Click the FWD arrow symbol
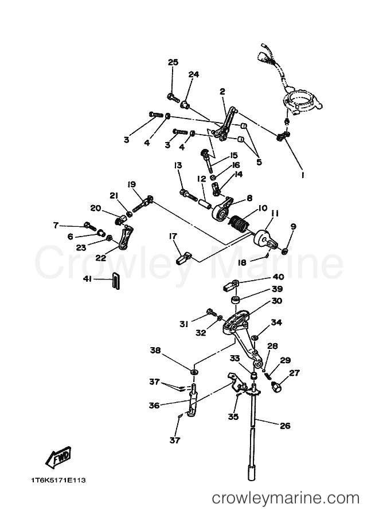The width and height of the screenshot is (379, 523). pyautogui.click(x=58, y=456)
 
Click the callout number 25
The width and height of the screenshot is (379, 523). pyautogui.click(x=173, y=62)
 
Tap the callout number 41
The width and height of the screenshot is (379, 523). pyautogui.click(x=87, y=278)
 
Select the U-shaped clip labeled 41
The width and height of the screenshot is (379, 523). pyautogui.click(x=115, y=281)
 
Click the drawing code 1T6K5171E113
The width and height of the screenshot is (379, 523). pyautogui.click(x=58, y=481)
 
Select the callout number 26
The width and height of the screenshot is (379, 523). pyautogui.click(x=285, y=426)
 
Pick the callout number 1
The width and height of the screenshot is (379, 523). pyautogui.click(x=303, y=175)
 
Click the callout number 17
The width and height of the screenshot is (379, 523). pyautogui.click(x=173, y=236)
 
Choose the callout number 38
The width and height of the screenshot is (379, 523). pyautogui.click(x=155, y=350)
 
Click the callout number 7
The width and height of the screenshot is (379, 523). pyautogui.click(x=56, y=226)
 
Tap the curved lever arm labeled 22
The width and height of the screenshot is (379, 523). pyautogui.click(x=125, y=238)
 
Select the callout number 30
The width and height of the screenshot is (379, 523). pyautogui.click(x=276, y=301)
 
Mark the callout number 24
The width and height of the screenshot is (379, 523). pyautogui.click(x=194, y=74)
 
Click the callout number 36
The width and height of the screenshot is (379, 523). pyautogui.click(x=154, y=406)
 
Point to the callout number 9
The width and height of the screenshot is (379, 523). pyautogui.click(x=293, y=226)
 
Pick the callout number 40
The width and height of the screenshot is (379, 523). pyautogui.click(x=278, y=277)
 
